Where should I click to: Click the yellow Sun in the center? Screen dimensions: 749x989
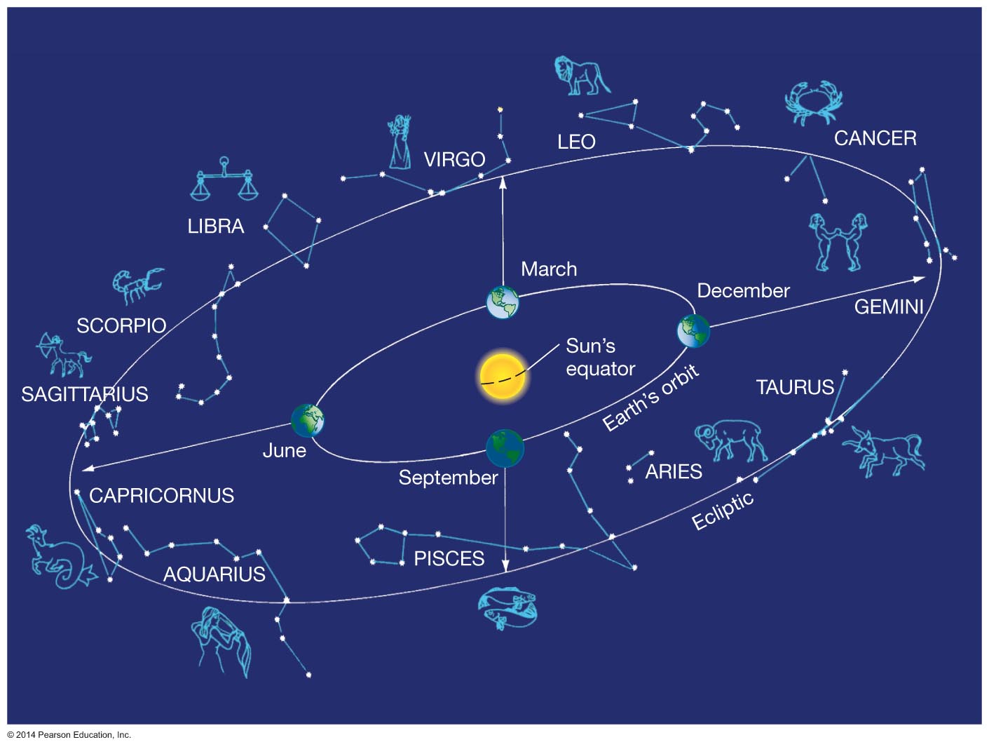click(x=503, y=377)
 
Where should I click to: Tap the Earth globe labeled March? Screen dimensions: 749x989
click(x=503, y=302)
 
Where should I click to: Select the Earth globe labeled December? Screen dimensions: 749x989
click(x=693, y=331)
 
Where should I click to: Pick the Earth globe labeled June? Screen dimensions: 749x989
click(x=308, y=421)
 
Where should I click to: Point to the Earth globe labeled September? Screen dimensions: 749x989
click(x=505, y=448)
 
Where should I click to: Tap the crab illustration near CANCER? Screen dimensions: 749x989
click(x=812, y=102)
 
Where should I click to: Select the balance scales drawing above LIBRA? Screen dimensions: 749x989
click(x=224, y=180)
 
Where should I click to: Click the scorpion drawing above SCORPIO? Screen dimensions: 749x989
click(x=137, y=284)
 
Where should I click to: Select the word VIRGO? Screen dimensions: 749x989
click(x=454, y=160)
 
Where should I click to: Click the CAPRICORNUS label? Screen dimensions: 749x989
click(x=161, y=496)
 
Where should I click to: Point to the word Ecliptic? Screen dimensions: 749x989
click(x=722, y=511)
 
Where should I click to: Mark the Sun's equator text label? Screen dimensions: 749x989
click(x=600, y=357)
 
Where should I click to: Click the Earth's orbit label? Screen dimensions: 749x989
click(x=650, y=398)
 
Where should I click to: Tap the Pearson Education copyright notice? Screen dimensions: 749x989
click(x=69, y=735)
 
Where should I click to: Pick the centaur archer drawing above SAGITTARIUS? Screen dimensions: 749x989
click(x=62, y=355)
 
